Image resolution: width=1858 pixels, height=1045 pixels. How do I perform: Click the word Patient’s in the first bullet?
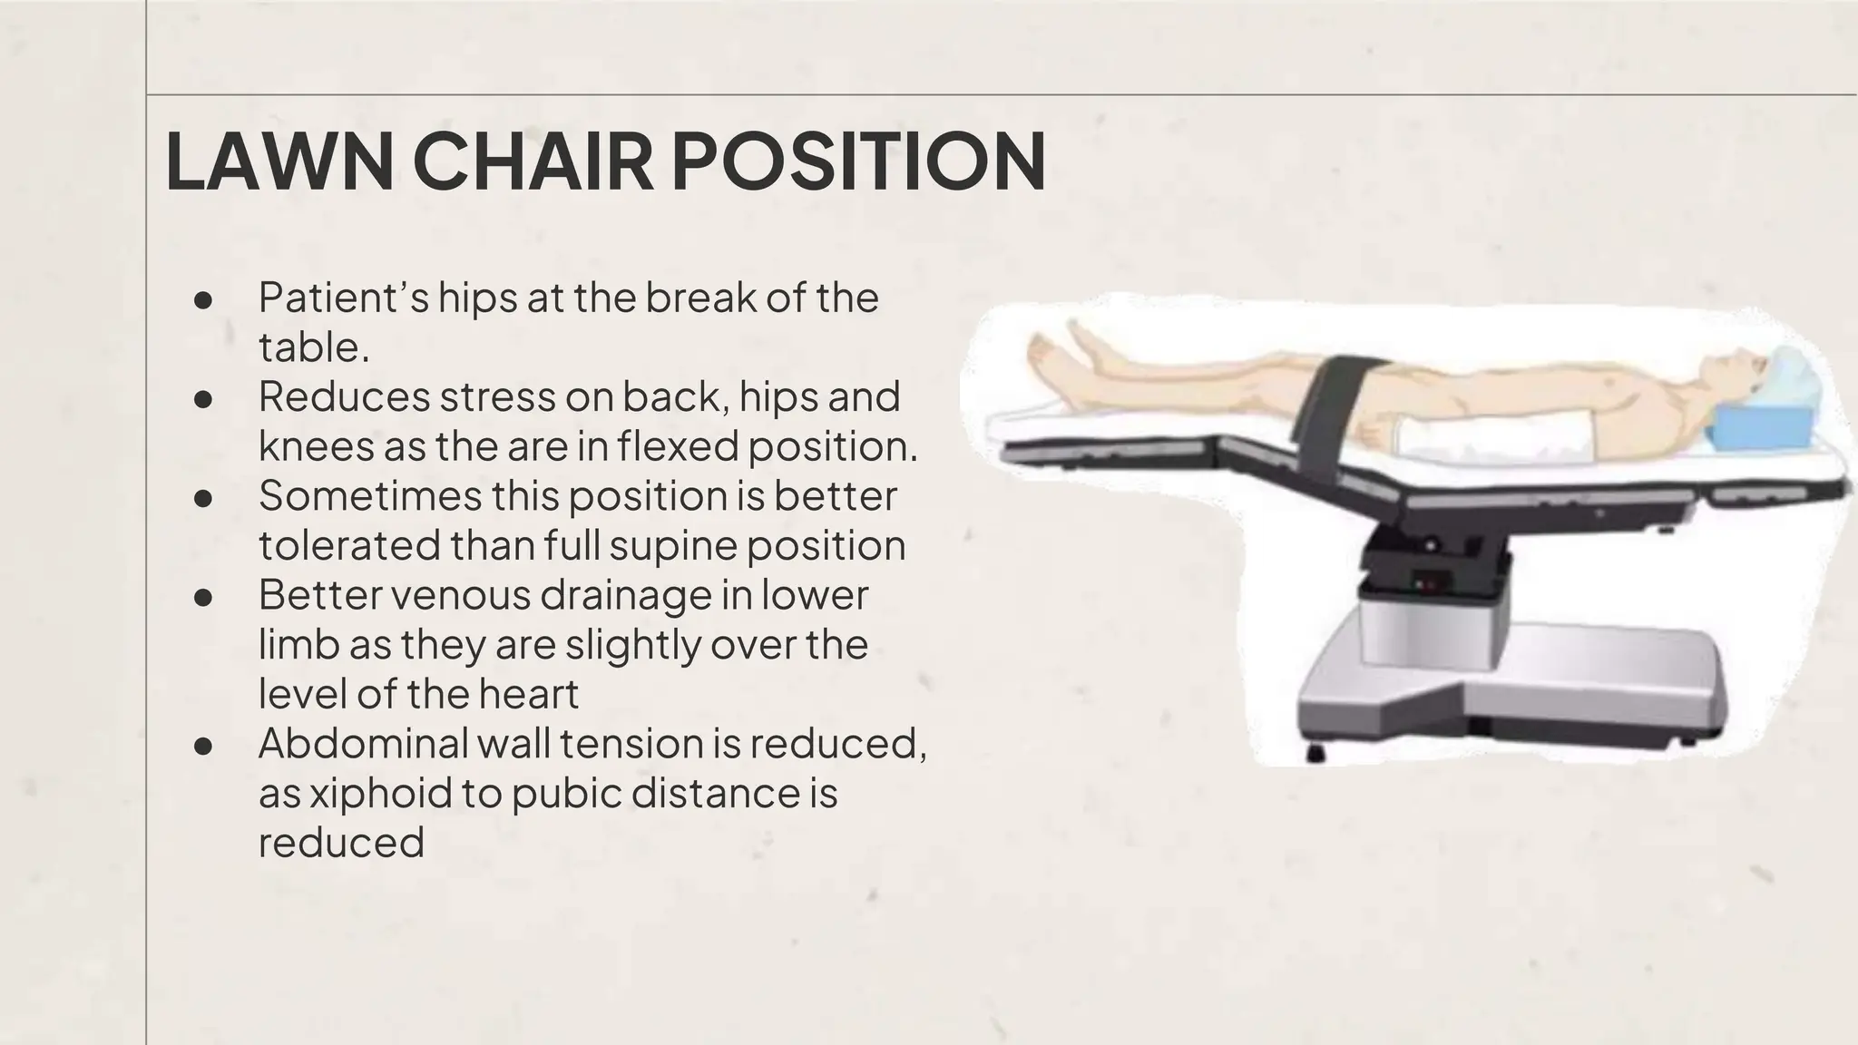[343, 298]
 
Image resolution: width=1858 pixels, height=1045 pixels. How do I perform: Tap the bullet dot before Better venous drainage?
[203, 597]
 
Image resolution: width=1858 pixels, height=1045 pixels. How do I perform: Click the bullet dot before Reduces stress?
[203, 398]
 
